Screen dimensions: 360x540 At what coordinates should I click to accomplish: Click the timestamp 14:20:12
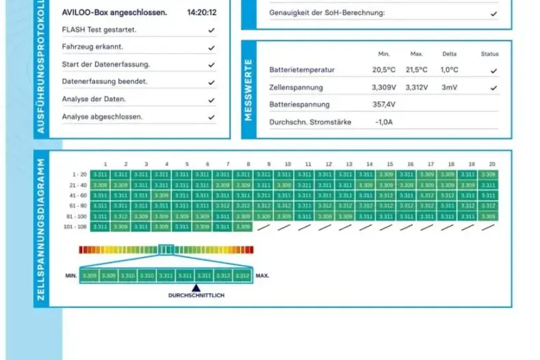202,12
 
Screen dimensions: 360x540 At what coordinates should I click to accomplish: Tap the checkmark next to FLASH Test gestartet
212,30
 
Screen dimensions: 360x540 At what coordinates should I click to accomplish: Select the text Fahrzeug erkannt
92,47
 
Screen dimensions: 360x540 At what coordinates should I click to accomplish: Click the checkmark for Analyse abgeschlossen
212,117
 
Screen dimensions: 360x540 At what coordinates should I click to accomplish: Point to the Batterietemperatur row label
301,70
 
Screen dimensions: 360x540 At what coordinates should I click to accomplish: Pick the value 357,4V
383,105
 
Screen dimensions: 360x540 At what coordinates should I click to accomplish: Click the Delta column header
449,54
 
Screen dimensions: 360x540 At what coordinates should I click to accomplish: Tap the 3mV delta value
449,87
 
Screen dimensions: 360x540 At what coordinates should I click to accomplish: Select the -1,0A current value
384,122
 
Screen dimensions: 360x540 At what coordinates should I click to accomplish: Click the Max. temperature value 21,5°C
416,70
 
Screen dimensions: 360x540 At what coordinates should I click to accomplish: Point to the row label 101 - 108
75,226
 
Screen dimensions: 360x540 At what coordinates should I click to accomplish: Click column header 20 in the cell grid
491,165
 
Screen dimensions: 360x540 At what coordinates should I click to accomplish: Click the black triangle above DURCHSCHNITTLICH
196,288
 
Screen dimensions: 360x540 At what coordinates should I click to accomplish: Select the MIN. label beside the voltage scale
70,276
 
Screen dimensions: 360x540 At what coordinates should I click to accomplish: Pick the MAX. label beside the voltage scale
262,276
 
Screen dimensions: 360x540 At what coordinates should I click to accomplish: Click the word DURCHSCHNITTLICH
196,295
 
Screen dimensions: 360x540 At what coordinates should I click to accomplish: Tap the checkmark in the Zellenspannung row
494,88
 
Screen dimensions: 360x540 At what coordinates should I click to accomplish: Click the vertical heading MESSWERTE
248,89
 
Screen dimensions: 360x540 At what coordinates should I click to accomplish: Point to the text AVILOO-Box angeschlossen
114,12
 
